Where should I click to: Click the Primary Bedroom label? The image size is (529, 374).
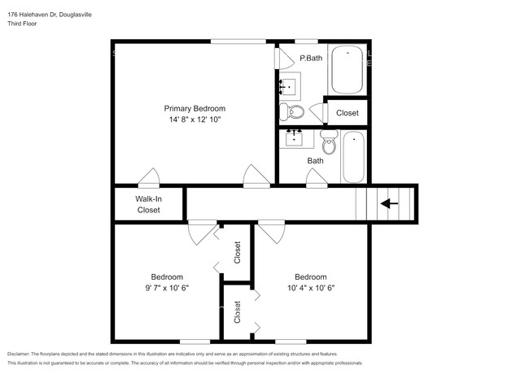point(195,108)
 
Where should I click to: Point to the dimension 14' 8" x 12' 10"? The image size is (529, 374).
point(195,120)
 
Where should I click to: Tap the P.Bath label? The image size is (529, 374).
point(311,59)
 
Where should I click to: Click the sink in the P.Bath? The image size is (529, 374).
point(289,85)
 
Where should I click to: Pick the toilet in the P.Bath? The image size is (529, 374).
point(292,112)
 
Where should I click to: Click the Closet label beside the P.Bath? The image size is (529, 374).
point(348,113)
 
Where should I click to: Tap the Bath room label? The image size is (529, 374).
point(315,160)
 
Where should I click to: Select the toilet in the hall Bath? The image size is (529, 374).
point(329,144)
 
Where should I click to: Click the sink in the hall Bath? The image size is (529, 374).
point(294,138)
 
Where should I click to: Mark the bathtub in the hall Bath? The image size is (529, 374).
point(355,156)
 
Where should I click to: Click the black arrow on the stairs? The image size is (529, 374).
point(391,203)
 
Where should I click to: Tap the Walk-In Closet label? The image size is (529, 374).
point(148,204)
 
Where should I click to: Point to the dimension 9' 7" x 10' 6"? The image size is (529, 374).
point(167,287)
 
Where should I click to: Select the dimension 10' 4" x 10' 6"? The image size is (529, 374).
point(310,287)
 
